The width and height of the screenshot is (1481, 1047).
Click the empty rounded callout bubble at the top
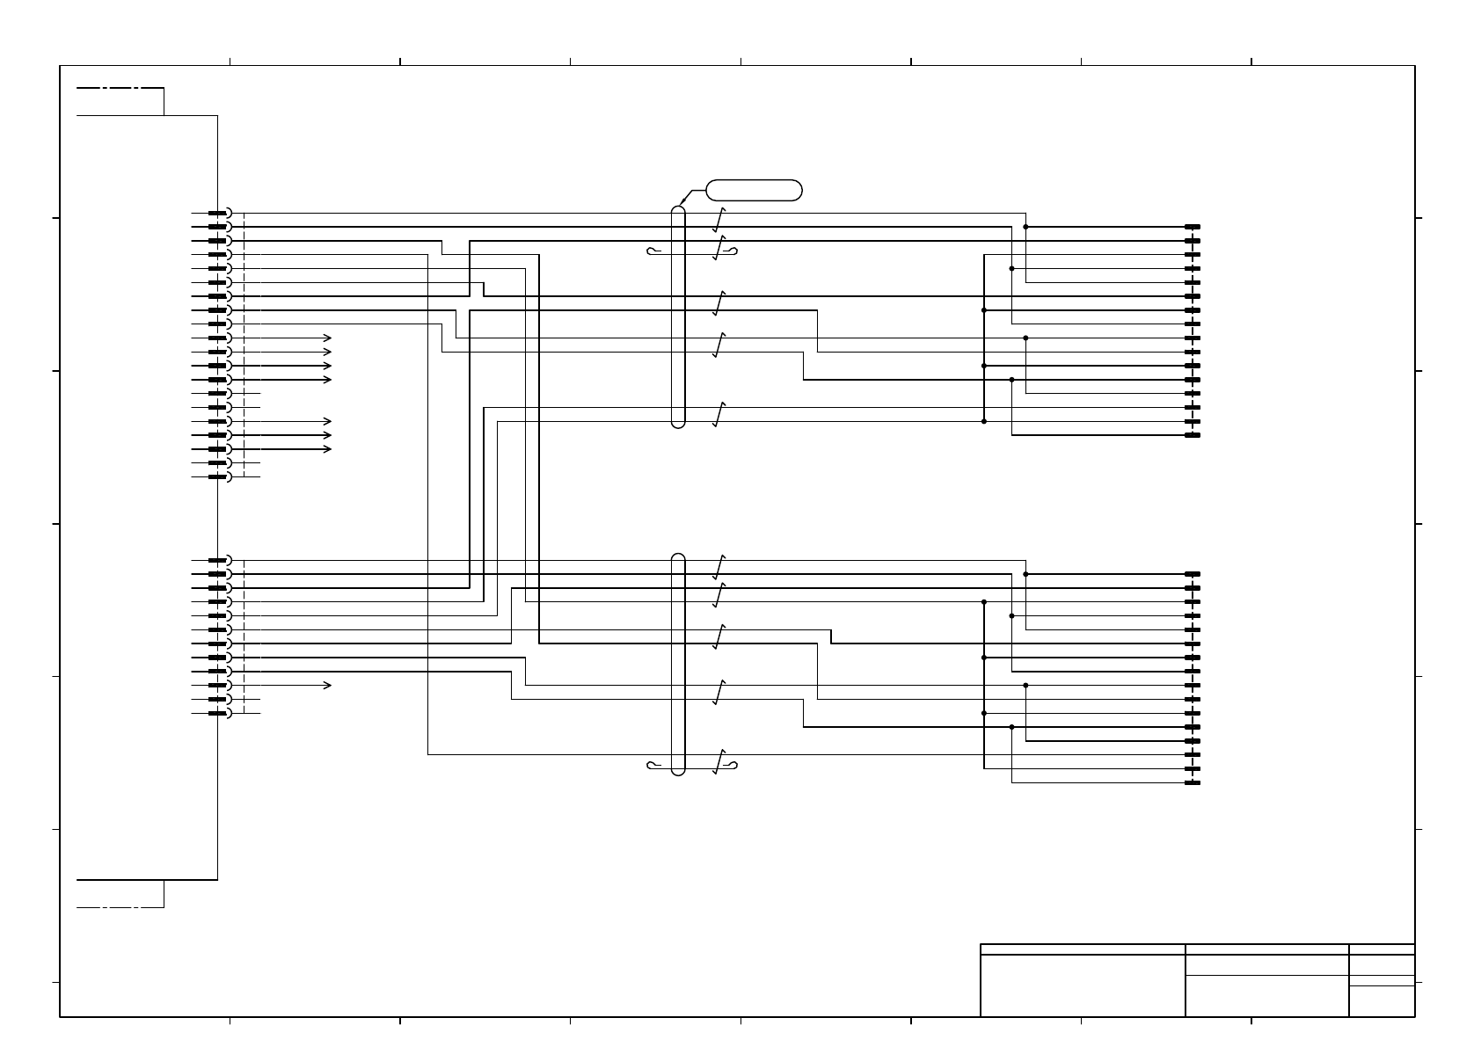click(754, 190)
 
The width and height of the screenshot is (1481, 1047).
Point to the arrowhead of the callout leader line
click(682, 206)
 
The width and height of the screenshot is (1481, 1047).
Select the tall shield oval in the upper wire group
click(678, 317)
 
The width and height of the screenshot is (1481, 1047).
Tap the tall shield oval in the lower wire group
click(678, 665)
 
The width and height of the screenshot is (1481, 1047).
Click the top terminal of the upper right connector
click(1193, 227)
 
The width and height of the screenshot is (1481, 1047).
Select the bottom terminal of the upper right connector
click(1193, 435)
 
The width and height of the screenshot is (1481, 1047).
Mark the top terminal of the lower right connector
click(1193, 574)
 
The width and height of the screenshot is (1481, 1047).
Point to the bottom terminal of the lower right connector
click(1193, 782)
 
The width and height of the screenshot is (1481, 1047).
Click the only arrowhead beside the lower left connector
click(328, 685)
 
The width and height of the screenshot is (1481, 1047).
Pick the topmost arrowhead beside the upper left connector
click(328, 338)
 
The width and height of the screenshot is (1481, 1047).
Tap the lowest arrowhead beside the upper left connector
click(328, 449)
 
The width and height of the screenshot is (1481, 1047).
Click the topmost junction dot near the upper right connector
click(1026, 227)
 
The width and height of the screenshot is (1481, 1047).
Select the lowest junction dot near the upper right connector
click(984, 421)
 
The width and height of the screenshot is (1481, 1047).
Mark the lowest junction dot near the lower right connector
click(1012, 727)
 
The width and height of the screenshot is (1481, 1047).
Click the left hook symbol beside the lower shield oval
click(653, 765)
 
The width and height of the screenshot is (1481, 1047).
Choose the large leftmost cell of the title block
click(1083, 985)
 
